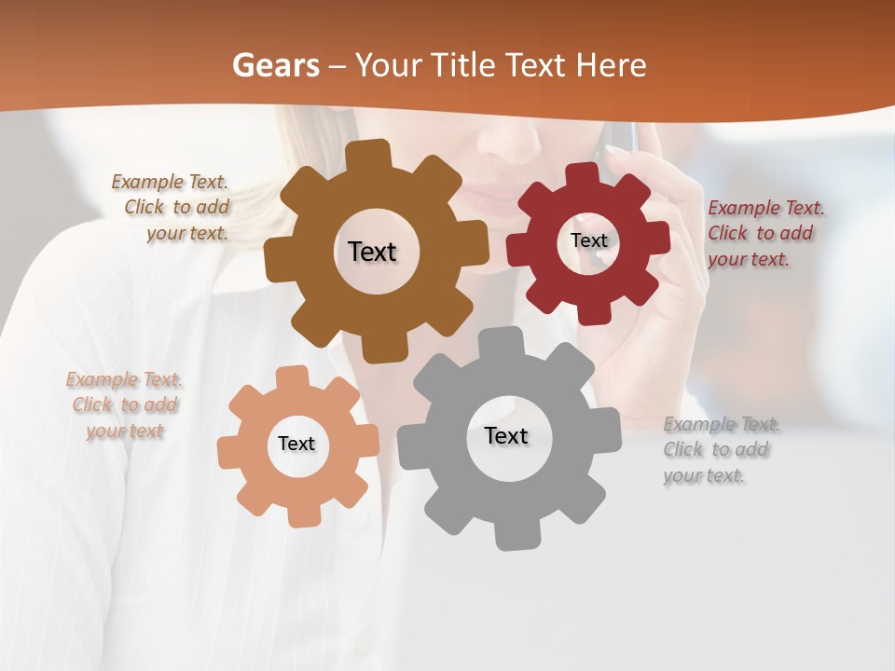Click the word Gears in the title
(275, 65)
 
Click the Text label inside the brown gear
(372, 252)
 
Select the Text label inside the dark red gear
(588, 240)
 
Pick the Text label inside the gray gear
(506, 435)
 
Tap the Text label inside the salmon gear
(296, 444)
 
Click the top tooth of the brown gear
(374, 154)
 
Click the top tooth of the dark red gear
(583, 174)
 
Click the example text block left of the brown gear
(172, 208)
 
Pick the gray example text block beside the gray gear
(718, 450)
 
